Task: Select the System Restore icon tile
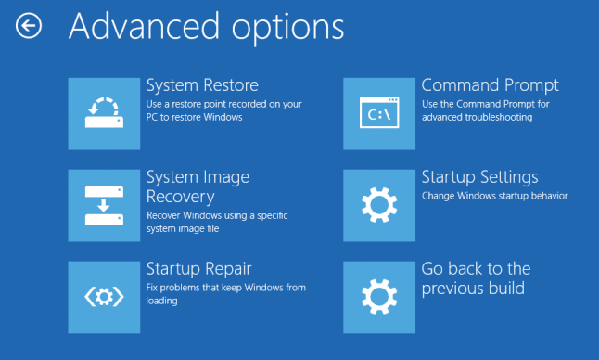[104, 114]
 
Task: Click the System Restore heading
[202, 86]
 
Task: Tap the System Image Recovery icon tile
[104, 205]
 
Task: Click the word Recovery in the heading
[181, 197]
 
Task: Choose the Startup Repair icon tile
[104, 297]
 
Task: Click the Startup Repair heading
[199, 269]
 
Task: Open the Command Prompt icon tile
[378, 114]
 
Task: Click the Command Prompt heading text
[491, 86]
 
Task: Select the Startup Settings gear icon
[378, 205]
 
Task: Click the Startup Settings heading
[480, 177]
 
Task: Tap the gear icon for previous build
[378, 297]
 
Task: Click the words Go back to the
[477, 269]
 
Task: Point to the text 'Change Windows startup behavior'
[494, 197]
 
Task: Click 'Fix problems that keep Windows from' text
[226, 288]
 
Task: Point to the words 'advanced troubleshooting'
[477, 118]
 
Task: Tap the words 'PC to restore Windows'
[194, 118]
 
